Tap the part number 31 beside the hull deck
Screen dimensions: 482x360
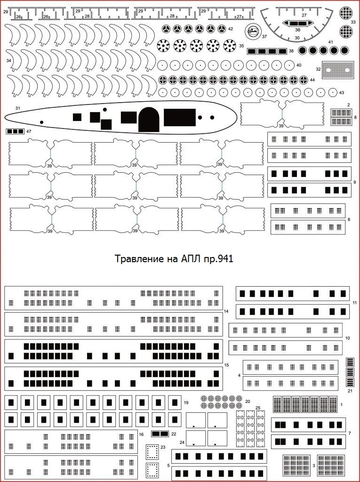(x=17, y=108)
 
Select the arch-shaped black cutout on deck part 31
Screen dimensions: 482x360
(x=149, y=119)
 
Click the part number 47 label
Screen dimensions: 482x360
(x=29, y=131)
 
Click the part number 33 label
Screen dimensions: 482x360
(x=353, y=22)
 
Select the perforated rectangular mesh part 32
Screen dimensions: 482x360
(x=337, y=69)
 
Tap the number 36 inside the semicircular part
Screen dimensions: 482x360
(x=297, y=30)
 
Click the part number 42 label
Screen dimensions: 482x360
(x=231, y=29)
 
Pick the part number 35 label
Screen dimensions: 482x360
(x=241, y=46)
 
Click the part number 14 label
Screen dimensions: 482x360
(x=226, y=311)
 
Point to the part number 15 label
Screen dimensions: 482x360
(x=226, y=365)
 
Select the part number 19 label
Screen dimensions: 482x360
(x=186, y=402)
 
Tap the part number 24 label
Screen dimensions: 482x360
(x=182, y=442)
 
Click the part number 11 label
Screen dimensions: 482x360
(x=355, y=302)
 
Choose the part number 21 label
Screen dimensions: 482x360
(x=350, y=391)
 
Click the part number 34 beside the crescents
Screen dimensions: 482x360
(x=8, y=61)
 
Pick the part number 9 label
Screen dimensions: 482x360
(x=355, y=182)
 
